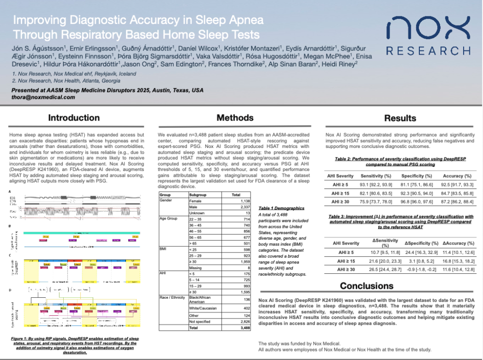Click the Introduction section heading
(74, 118)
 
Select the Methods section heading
(235, 118)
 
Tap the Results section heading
(400, 118)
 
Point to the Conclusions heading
(366, 286)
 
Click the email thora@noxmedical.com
(43, 97)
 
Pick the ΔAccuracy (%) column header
(458, 243)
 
